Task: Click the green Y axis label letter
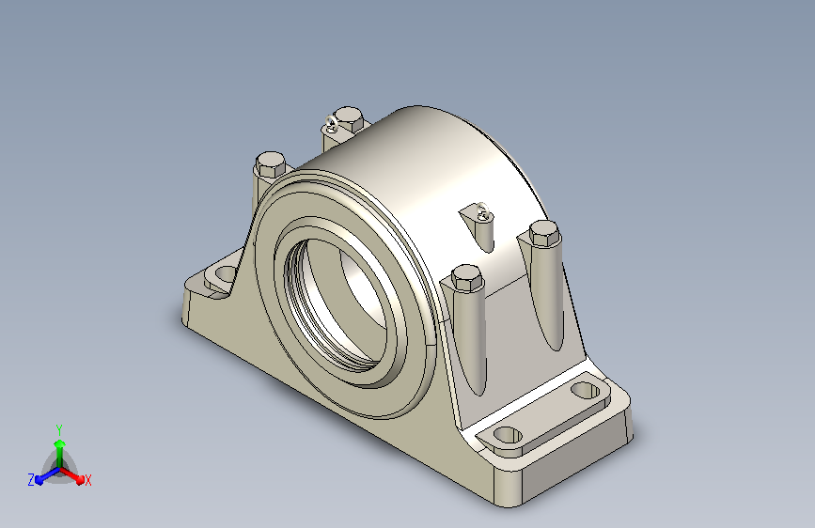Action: (59, 429)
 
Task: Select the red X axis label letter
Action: (87, 480)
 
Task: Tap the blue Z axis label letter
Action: (31, 480)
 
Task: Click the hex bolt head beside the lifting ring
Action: (348, 119)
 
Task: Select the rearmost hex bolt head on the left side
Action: (271, 164)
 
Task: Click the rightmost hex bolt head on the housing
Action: (543, 232)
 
